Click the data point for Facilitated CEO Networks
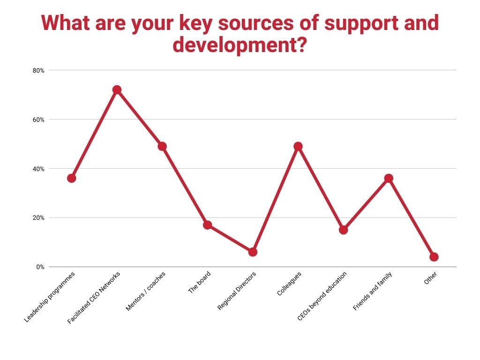pyautogui.click(x=117, y=90)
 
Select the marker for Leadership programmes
pyautogui.click(x=71, y=178)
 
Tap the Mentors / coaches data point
pyautogui.click(x=162, y=146)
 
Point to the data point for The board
pyautogui.click(x=207, y=225)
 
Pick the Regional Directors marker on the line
pyautogui.click(x=253, y=252)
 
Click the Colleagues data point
pyautogui.click(x=298, y=146)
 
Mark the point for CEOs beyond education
pyautogui.click(x=343, y=230)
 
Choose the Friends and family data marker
pyautogui.click(x=389, y=178)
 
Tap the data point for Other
pyautogui.click(x=434, y=257)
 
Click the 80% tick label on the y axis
pyautogui.click(x=38, y=70)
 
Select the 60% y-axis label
pyautogui.click(x=38, y=120)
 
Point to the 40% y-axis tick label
pyautogui.click(x=38, y=169)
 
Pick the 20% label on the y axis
pyautogui.click(x=38, y=217)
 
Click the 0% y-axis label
pyautogui.click(x=40, y=267)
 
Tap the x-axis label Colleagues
pyautogui.click(x=289, y=283)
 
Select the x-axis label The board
pyautogui.click(x=199, y=283)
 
